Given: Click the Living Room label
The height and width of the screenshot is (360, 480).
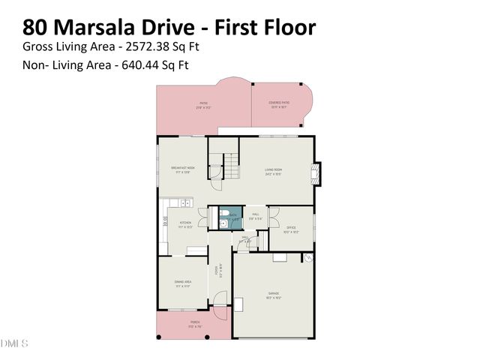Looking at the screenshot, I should (x=273, y=172).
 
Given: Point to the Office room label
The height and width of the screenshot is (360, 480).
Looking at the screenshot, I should (x=291, y=229).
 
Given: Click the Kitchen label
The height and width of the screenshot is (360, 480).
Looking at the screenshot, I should (x=184, y=223).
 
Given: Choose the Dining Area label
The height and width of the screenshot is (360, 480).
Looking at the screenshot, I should (x=182, y=283).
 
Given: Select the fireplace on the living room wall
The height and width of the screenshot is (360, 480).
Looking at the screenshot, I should (x=318, y=173).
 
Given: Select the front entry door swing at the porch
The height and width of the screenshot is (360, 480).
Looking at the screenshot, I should (x=220, y=303).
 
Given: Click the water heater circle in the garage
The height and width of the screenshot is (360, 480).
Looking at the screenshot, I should (x=307, y=259).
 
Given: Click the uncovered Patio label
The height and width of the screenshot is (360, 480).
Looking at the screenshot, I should (x=202, y=104).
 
